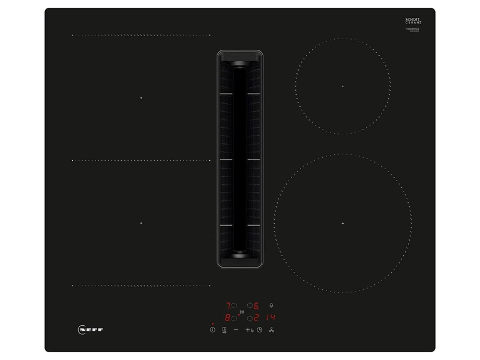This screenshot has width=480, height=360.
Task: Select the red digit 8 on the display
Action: coord(228,318)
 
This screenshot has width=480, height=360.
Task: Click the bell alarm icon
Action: coord(271,305)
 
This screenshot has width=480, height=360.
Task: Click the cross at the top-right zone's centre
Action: coord(343,86)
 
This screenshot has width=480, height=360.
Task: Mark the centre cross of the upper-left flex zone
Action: coord(141,97)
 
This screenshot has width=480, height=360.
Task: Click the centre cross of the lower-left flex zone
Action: coord(141,223)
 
